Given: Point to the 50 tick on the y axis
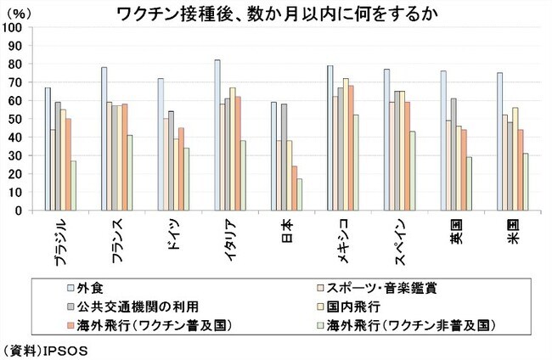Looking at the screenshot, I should point(15,119).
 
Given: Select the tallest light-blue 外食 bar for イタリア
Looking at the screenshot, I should point(217,136).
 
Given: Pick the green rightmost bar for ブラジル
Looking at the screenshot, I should point(75,186).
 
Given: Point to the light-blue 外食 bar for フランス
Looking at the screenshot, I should point(104,139).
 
